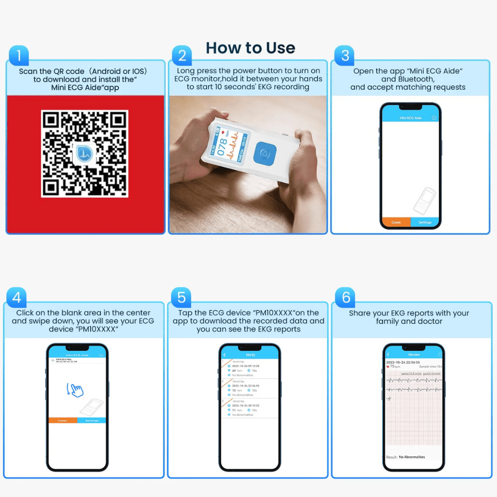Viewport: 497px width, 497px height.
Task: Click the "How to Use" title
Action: (x=250, y=48)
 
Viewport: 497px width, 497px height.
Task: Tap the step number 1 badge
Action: (x=18, y=56)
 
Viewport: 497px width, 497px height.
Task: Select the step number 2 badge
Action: (x=182, y=55)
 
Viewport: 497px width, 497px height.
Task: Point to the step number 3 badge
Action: (x=345, y=55)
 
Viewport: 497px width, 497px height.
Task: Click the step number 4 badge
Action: (x=16, y=297)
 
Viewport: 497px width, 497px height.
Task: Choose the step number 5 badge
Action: (x=181, y=297)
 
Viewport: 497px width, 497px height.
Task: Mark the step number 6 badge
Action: (x=345, y=297)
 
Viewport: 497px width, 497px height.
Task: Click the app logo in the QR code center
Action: (x=84, y=153)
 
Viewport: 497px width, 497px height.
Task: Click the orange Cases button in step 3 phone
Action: (x=396, y=222)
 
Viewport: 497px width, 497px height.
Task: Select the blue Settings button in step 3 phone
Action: (x=425, y=222)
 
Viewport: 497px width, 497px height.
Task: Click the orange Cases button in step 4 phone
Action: (x=63, y=420)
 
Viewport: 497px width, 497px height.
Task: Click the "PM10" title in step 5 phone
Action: (x=249, y=355)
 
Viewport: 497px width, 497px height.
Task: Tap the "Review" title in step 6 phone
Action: (x=414, y=355)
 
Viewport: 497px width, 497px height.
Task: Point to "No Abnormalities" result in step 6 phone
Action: (x=412, y=457)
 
